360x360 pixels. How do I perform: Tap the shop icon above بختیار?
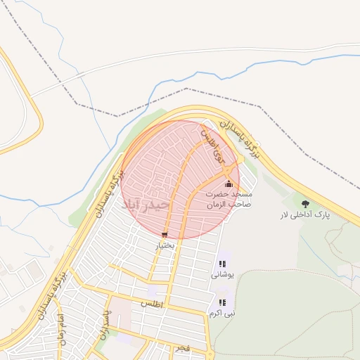tap(165, 235)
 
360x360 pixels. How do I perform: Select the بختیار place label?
tap(164, 246)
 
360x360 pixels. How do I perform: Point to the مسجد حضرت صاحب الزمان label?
tap(229, 198)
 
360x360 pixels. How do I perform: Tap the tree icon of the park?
tap(305, 203)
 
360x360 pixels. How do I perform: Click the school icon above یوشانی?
tap(223, 264)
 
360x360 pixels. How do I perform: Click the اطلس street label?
tap(152, 304)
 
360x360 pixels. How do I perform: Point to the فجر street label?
tap(182, 348)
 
